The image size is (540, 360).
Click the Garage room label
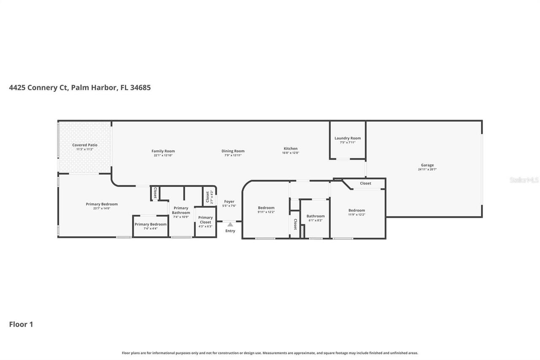[427, 165]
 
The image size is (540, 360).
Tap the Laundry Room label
[348, 138]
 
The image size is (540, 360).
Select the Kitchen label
[290, 149]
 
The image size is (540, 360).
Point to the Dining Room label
[233, 151]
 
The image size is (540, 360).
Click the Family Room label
[163, 151]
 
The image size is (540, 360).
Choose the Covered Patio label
[85, 145]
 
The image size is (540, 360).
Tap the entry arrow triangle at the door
[230, 225]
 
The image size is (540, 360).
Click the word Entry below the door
[230, 231]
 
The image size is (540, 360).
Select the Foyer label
[229, 202]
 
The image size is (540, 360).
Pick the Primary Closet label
[205, 220]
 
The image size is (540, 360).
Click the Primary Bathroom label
[181, 210]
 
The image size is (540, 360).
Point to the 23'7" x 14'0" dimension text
[102, 208]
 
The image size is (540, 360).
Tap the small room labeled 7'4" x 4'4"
[151, 226]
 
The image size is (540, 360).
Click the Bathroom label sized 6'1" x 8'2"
[316, 216]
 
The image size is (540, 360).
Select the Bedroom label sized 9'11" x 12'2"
[266, 208]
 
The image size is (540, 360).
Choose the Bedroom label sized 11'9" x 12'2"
[356, 210]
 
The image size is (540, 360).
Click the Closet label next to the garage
[365, 183]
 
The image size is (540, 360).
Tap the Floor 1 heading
[21, 324]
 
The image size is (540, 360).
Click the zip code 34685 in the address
[140, 88]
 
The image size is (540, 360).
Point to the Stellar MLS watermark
[524, 180]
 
